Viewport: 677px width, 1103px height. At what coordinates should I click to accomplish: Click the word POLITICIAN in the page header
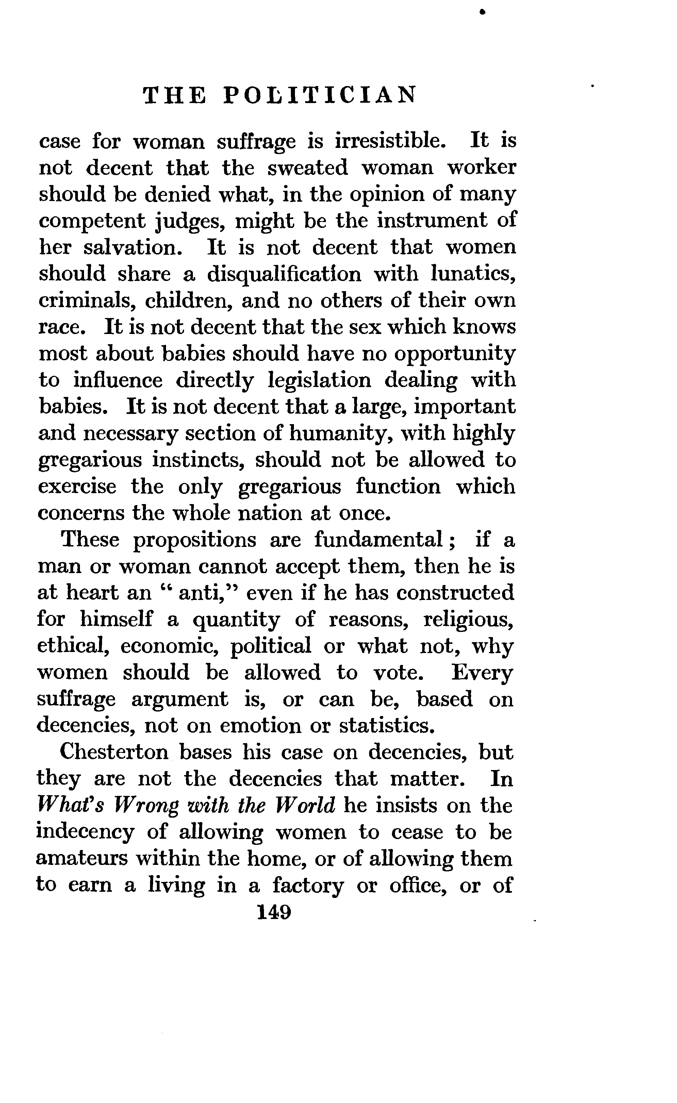point(320,95)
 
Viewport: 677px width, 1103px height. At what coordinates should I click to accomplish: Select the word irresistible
point(391,141)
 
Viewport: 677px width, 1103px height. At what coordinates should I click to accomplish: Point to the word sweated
point(308,168)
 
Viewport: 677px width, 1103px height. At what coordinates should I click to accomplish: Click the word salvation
point(133,248)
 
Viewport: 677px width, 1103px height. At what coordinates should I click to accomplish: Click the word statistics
point(387,725)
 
